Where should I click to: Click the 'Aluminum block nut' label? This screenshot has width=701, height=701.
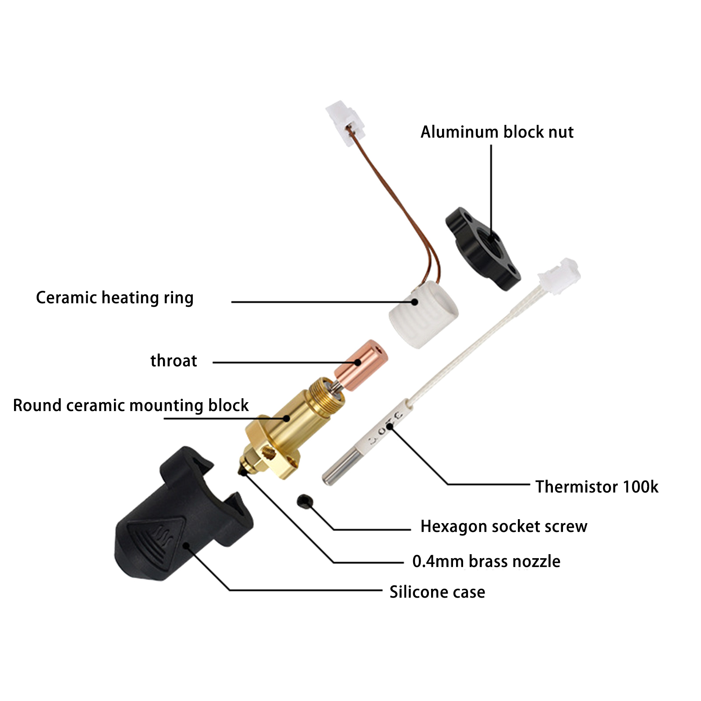(497, 132)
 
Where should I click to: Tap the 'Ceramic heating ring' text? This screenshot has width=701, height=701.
(115, 297)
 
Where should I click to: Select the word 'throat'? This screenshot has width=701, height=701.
(173, 361)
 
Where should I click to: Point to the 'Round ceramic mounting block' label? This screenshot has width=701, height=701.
(131, 405)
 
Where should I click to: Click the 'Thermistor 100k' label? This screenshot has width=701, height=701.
(597, 487)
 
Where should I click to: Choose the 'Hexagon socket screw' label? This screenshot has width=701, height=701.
(504, 526)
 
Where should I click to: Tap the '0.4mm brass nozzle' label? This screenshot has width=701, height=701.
(486, 561)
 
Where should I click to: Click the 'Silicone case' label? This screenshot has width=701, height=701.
(437, 592)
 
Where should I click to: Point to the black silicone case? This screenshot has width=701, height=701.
(184, 515)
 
